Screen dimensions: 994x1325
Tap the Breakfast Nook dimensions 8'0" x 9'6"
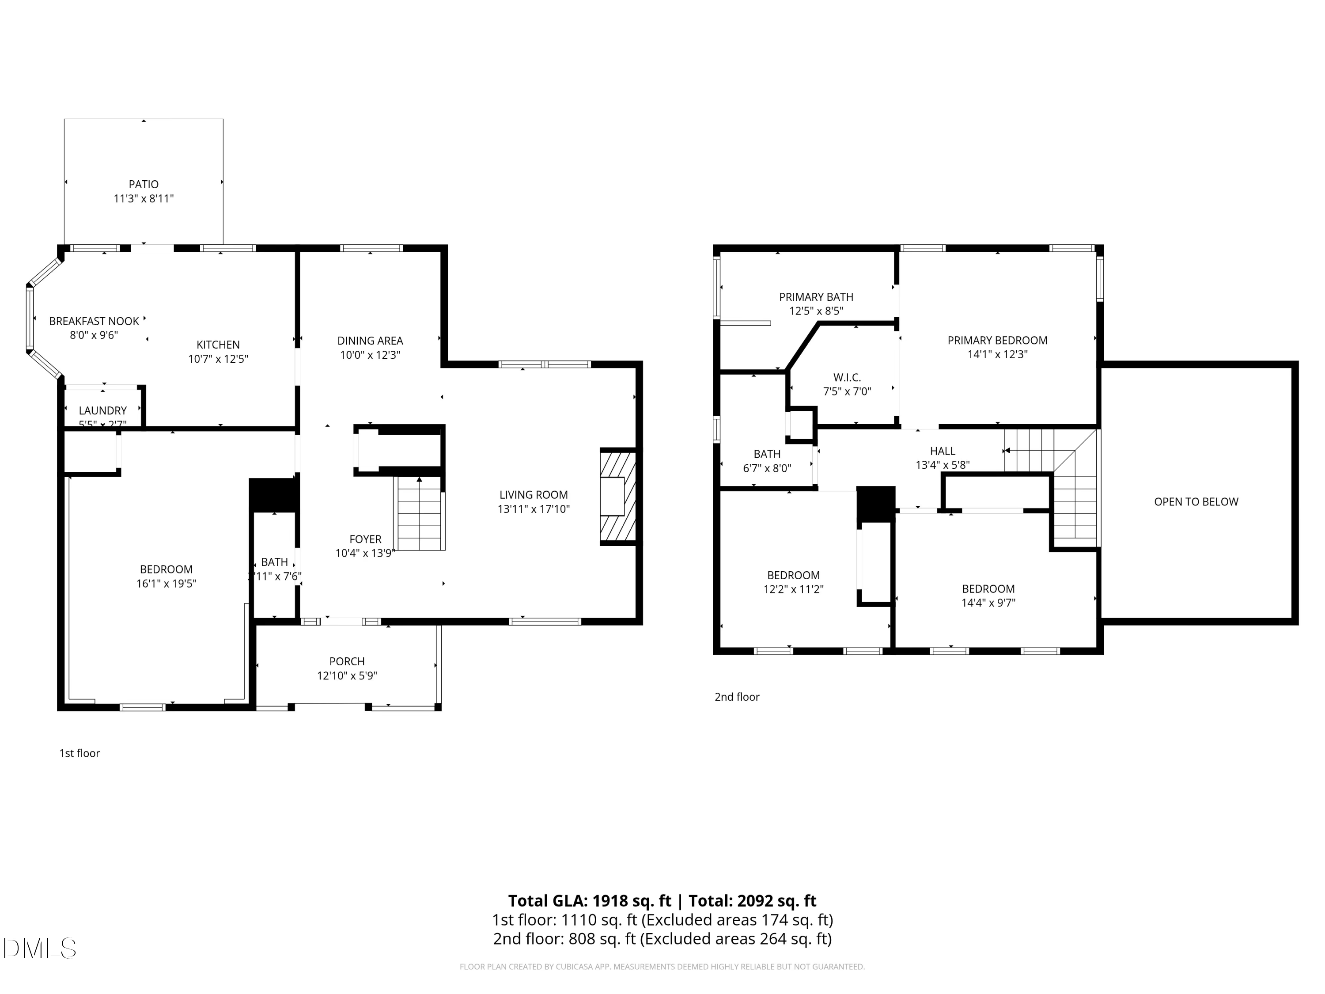[94, 335]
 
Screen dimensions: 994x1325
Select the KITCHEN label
[218, 345]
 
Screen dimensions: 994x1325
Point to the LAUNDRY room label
[102, 410]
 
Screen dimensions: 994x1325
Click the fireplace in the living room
[617, 496]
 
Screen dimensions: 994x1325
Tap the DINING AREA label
[370, 340]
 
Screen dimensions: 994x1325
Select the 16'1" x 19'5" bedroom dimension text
[166, 584]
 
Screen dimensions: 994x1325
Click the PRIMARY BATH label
[816, 296]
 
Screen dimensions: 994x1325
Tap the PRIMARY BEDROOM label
[997, 340]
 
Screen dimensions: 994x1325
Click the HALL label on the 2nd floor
[942, 451]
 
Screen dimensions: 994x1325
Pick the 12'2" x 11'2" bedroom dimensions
[793, 589]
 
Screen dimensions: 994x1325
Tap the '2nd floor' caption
[736, 697]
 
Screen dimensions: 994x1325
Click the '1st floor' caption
[79, 753]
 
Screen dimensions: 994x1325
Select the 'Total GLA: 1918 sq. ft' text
[591, 900]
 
